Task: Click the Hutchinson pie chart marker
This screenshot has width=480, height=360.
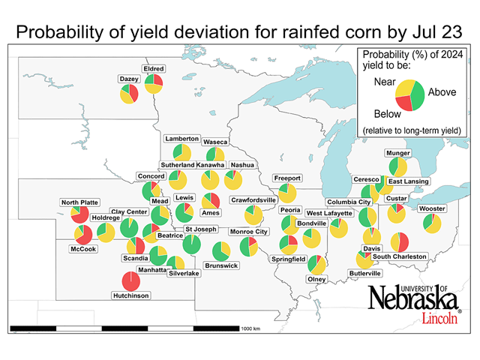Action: tap(132, 280)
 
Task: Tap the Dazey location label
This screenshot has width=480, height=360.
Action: tap(128, 79)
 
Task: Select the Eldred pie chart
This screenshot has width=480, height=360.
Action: tap(154, 84)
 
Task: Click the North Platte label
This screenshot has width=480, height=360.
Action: tap(80, 202)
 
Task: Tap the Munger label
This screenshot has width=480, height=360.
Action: tap(397, 153)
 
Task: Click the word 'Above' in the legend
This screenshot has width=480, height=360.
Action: tap(438, 93)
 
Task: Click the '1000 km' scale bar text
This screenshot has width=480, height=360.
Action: tap(250, 329)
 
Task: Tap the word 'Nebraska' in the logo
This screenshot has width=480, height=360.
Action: tap(413, 299)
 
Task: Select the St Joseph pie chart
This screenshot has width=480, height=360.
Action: tap(193, 244)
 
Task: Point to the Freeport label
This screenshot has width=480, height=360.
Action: tap(287, 178)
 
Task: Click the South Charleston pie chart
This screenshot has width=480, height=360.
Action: tap(399, 241)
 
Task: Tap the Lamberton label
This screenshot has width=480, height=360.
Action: tap(181, 139)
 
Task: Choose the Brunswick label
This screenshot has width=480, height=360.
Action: tap(221, 265)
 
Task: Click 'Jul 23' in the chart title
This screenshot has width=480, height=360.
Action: tap(443, 33)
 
